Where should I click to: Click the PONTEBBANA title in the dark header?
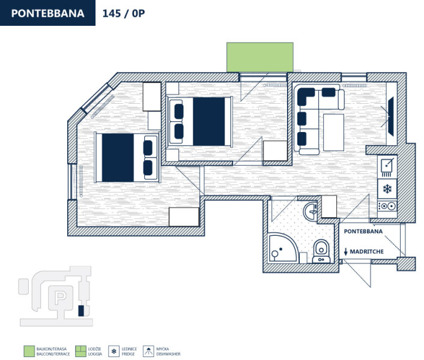tap(47, 13)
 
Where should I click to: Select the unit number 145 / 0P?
tap(124, 14)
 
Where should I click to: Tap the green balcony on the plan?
tap(260, 57)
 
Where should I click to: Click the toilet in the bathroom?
tap(321, 251)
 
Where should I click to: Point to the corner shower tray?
tap(283, 248)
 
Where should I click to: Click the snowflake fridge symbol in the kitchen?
tap(387, 189)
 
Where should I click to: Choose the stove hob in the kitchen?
tap(387, 206)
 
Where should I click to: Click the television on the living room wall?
tap(391, 116)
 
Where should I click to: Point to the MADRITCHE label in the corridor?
tap(367, 252)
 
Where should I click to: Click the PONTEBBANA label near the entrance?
tap(363, 232)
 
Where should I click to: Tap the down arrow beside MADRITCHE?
tap(345, 252)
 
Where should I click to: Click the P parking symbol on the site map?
tap(60, 297)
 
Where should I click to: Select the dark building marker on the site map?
tap(81, 311)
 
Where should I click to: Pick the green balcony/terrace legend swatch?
tap(29, 351)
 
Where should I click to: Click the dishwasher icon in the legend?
tap(148, 351)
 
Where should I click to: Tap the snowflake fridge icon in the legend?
tap(114, 351)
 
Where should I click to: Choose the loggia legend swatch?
tap(80, 351)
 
